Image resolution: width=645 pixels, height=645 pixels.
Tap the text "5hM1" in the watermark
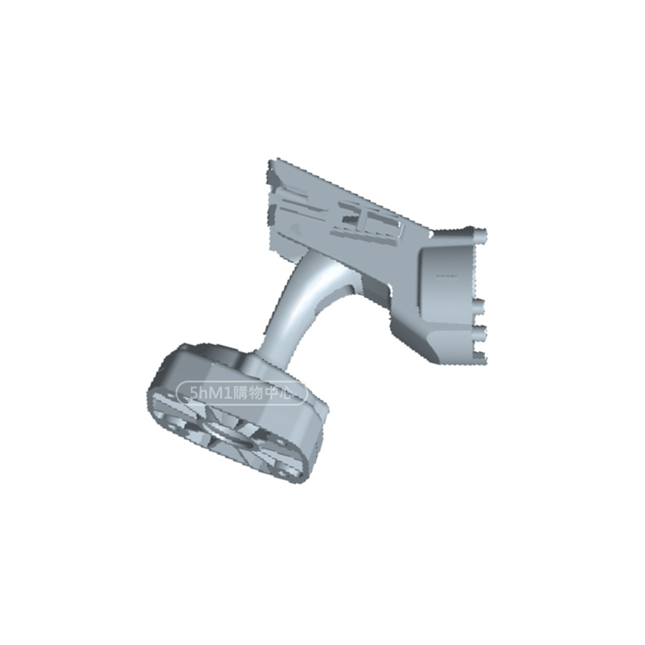coord(209,393)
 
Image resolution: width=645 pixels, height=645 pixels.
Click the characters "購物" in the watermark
coord(247,393)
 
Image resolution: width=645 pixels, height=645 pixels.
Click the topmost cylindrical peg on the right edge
coord(479,235)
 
